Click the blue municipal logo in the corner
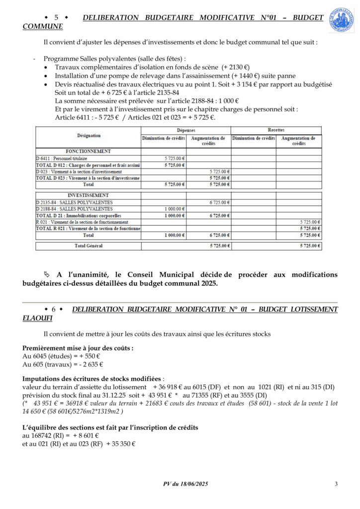(342, 20)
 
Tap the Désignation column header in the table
(89, 135)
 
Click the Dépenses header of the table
(186, 130)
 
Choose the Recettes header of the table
(276, 130)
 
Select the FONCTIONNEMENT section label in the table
(88, 151)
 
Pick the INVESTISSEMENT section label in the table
(88, 195)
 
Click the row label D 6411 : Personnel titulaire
(58, 158)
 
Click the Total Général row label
(88, 246)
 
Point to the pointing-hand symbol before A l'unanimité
(47, 274)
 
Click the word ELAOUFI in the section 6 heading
(37, 318)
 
